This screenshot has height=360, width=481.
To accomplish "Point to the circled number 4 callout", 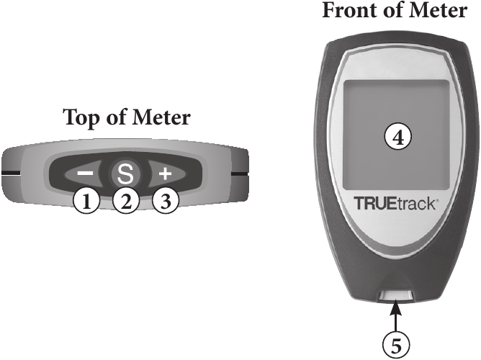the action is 397,136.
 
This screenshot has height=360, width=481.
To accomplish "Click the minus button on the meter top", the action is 85,174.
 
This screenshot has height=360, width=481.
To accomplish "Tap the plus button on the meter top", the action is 165,174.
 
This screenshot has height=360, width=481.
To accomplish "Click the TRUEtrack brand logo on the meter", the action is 395,204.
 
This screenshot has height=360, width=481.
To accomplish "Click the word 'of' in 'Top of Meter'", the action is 118,117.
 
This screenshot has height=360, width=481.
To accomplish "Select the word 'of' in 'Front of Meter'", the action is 390,12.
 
